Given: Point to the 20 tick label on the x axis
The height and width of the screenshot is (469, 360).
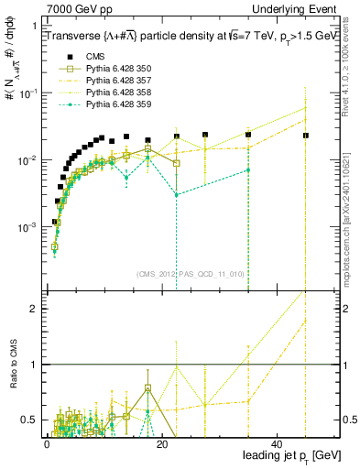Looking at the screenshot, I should coord(162,442).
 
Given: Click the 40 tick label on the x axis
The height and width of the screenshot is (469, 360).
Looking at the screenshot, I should coord(278,442).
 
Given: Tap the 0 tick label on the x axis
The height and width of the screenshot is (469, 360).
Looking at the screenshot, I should coord(47,442).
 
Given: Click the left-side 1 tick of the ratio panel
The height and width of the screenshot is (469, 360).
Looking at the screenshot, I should coord(37,365).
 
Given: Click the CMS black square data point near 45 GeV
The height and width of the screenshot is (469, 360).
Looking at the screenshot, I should coord(306,136).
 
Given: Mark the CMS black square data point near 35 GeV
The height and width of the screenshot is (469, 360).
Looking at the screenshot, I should coord(248,135).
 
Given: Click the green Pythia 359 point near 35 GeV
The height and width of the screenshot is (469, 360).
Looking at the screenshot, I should coord(248,170).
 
